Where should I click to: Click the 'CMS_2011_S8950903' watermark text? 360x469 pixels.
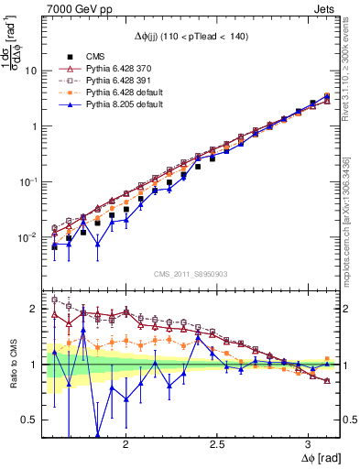pos(190,274)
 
